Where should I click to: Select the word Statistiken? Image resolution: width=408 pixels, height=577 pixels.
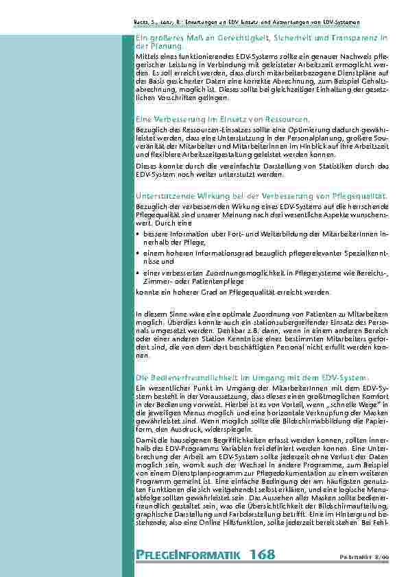pyautogui.click(x=324, y=167)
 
